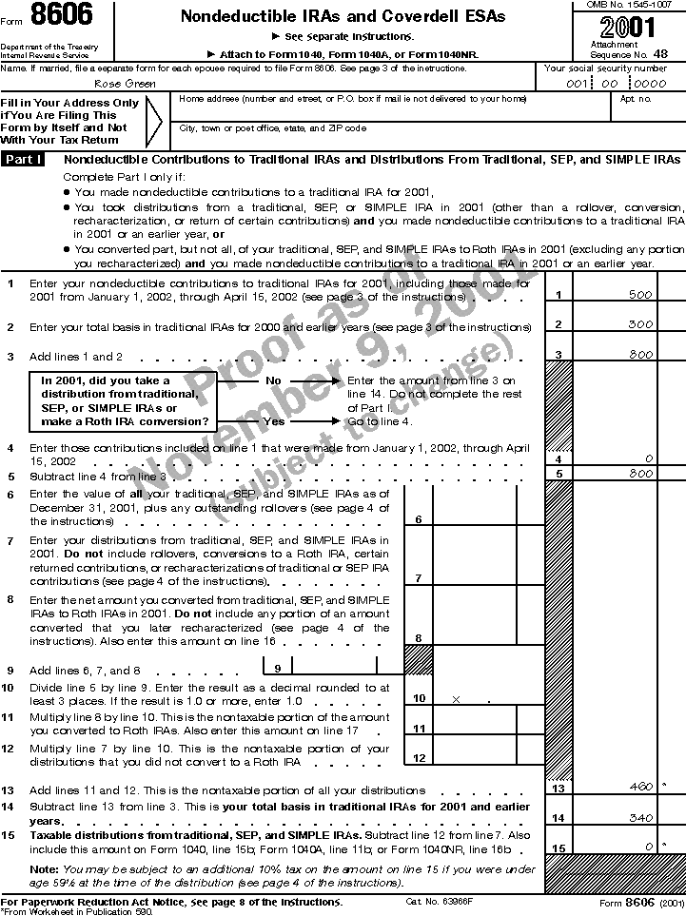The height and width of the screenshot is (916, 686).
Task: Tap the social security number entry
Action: (615, 84)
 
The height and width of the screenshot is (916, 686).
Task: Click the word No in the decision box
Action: (273, 380)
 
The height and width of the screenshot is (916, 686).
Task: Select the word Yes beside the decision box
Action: (273, 420)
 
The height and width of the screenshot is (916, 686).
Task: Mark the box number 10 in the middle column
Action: (419, 699)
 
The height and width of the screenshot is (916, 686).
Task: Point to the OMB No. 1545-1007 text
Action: (627, 7)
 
